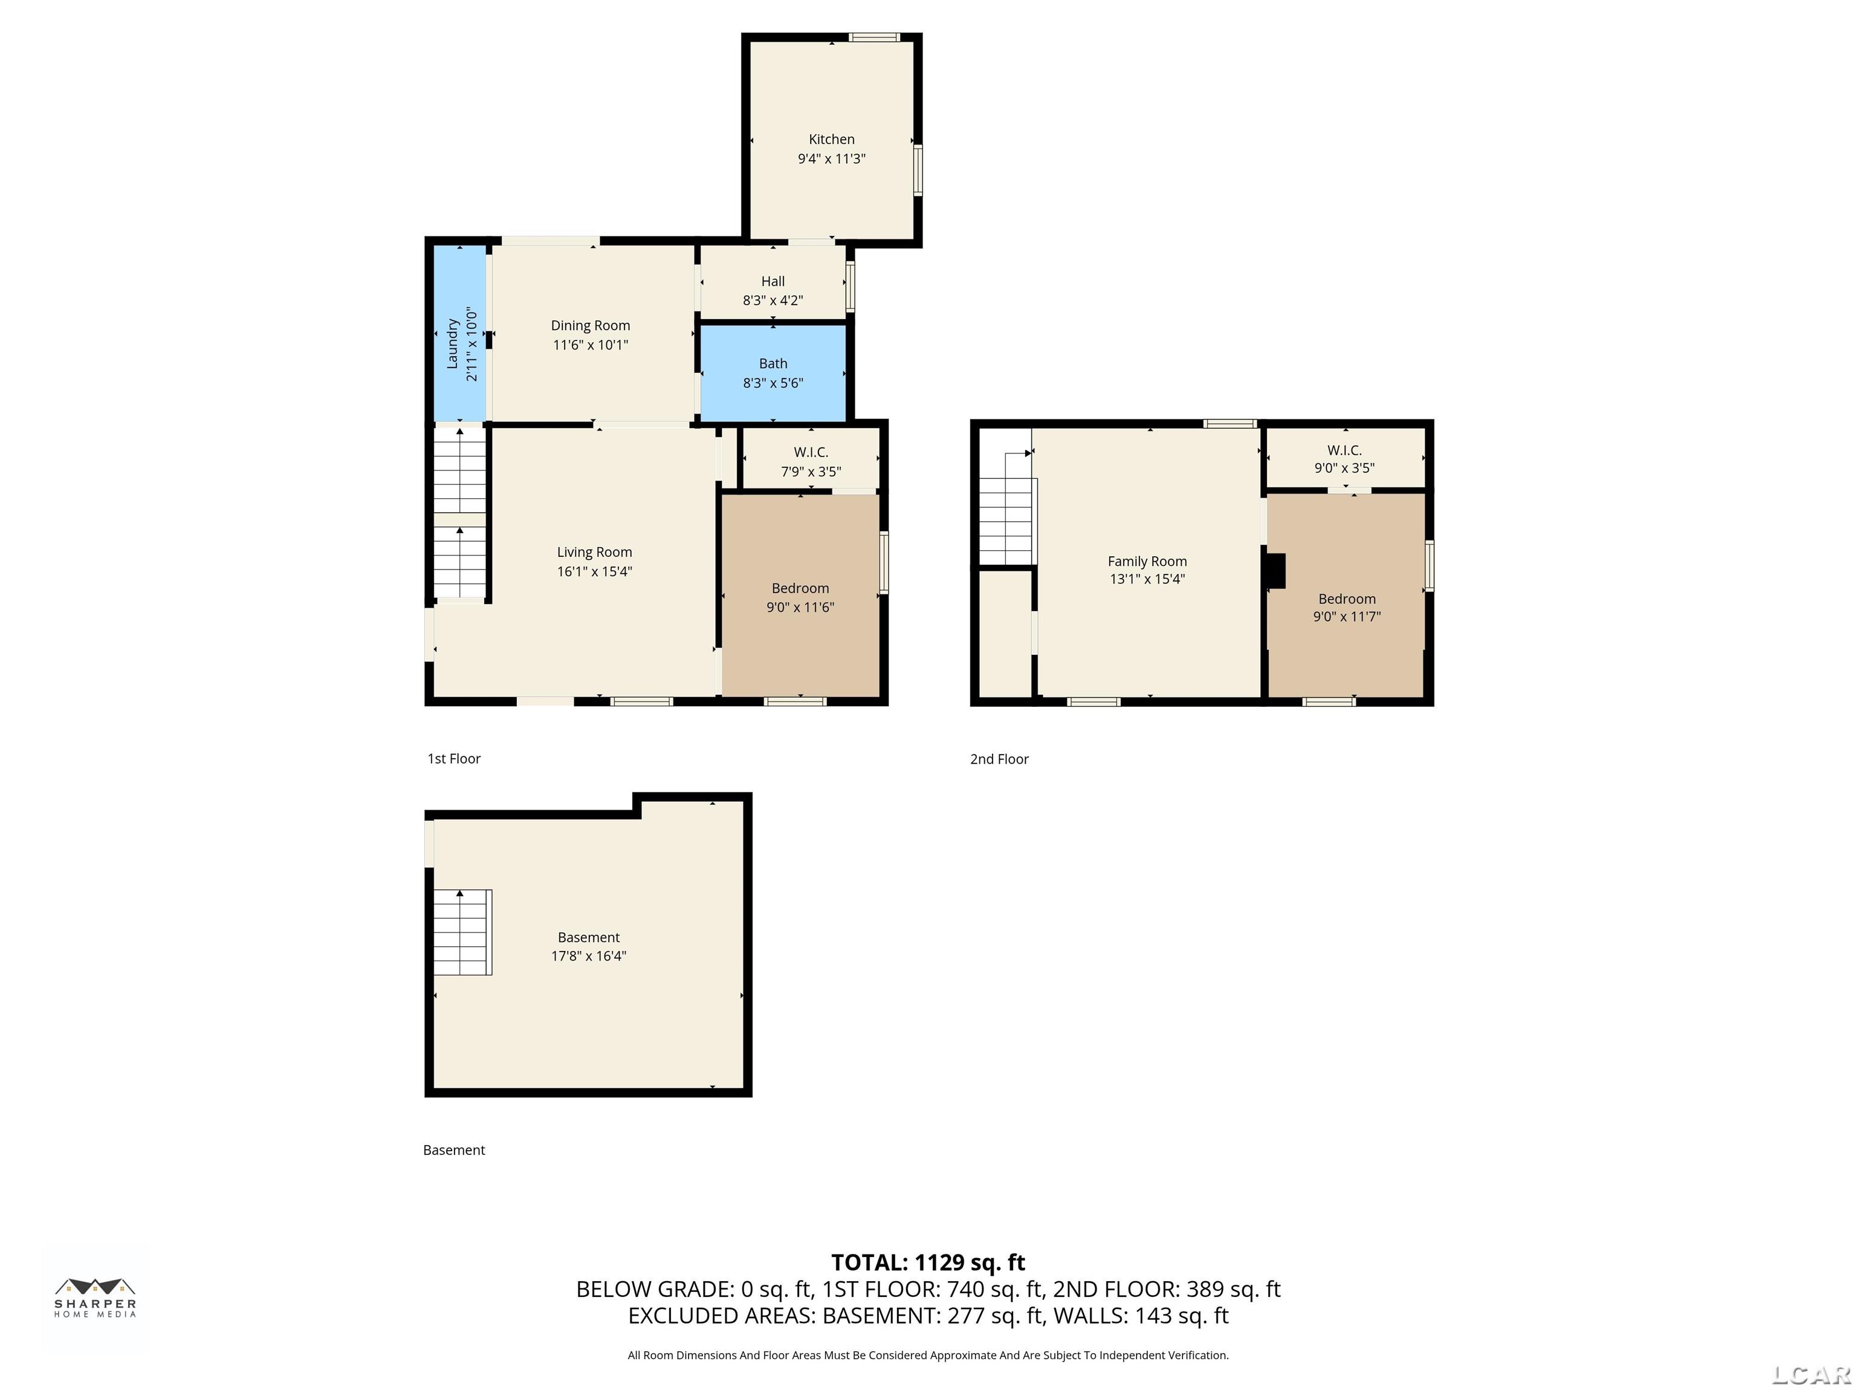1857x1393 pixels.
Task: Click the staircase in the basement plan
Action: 462,932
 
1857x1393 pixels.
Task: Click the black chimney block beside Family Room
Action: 1275,571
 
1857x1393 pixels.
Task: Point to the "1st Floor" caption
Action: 454,758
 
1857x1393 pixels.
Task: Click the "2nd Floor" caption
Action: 999,759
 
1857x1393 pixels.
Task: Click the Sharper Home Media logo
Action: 96,1298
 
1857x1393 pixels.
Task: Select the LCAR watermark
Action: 1811,1374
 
